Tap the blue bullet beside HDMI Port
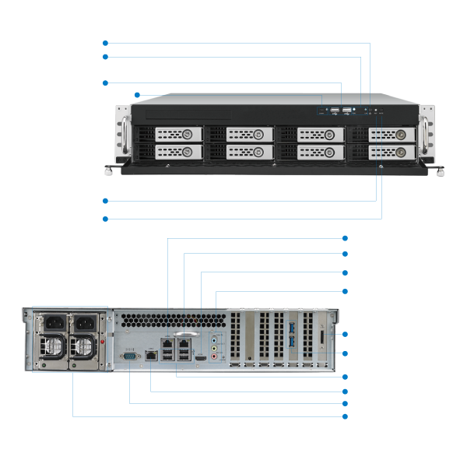click(344, 272)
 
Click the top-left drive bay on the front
click(179, 135)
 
